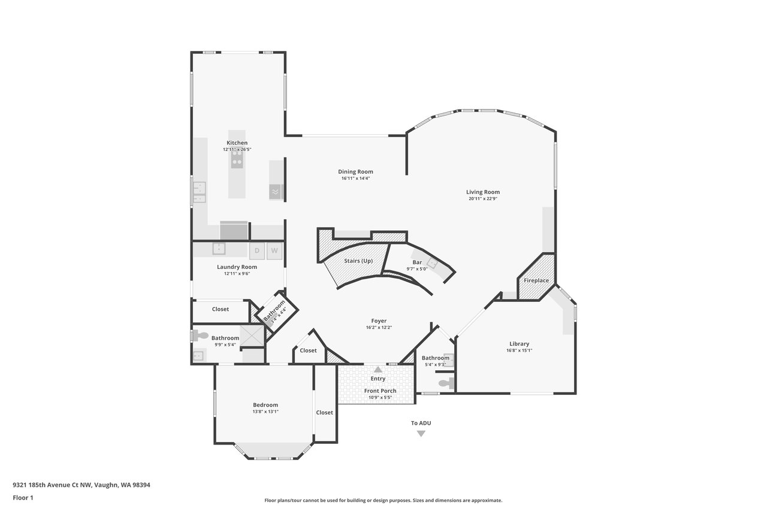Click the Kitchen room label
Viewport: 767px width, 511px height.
click(x=237, y=143)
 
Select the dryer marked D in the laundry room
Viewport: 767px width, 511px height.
click(x=257, y=251)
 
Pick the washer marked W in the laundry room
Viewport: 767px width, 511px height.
click(x=274, y=251)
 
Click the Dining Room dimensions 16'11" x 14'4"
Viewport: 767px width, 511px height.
click(x=355, y=179)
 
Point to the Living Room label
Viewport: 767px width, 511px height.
click(x=483, y=192)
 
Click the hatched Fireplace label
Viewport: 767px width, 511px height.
click(x=536, y=280)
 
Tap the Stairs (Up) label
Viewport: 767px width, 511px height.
click(x=358, y=261)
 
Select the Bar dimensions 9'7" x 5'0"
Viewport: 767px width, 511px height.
click(x=417, y=269)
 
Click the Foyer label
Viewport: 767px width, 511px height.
click(x=379, y=320)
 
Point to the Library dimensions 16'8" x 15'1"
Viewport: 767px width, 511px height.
click(x=519, y=350)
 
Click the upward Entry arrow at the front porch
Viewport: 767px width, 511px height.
click(x=378, y=369)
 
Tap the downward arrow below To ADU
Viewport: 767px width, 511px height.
click(x=421, y=434)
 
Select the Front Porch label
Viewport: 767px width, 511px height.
click(x=380, y=391)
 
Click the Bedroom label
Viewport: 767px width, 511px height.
click(x=265, y=405)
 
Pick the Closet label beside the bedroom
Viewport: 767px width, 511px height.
click(x=324, y=412)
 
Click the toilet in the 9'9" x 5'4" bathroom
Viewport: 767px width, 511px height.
click(x=200, y=336)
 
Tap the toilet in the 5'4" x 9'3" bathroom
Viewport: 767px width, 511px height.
click(x=446, y=383)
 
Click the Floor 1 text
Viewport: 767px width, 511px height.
click(x=23, y=498)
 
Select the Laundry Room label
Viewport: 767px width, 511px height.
click(x=237, y=267)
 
